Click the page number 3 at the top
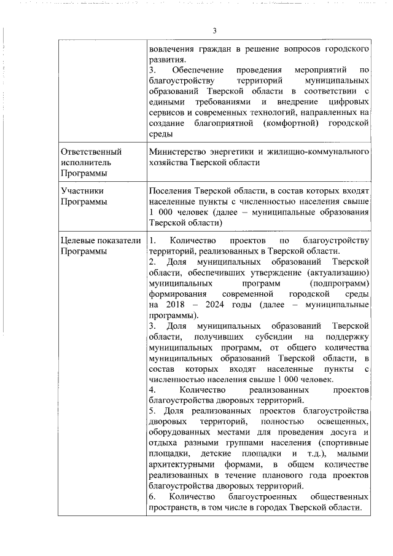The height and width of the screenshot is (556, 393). point(215,31)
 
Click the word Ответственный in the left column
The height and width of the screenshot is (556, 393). point(91,151)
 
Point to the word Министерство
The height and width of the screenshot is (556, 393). point(178,151)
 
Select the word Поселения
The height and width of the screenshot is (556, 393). point(170,191)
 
